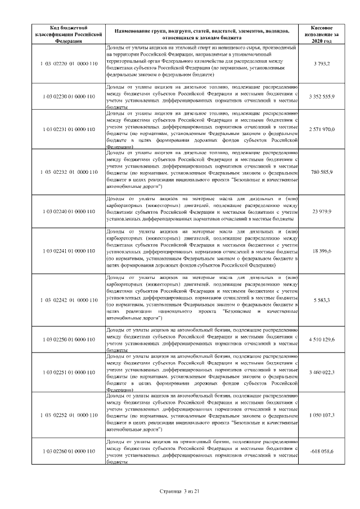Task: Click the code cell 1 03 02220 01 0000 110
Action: [x=69, y=65]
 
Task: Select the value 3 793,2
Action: [x=322, y=65]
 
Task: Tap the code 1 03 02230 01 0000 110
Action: [x=69, y=97]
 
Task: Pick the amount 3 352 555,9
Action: [x=322, y=97]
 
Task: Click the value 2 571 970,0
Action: [x=322, y=129]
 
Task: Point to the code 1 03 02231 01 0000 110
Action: [x=69, y=129]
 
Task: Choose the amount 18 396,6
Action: [x=322, y=251]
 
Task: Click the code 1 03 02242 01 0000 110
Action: [x=69, y=300]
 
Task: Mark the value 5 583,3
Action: [x=322, y=300]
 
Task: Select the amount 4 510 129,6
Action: [x=322, y=340]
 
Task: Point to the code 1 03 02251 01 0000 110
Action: [x=69, y=372]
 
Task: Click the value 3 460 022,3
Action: [x=322, y=372]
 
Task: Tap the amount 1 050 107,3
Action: [x=322, y=415]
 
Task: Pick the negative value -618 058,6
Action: [x=322, y=451]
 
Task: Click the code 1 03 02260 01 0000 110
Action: [x=69, y=451]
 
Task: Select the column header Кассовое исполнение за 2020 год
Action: [x=322, y=34]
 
